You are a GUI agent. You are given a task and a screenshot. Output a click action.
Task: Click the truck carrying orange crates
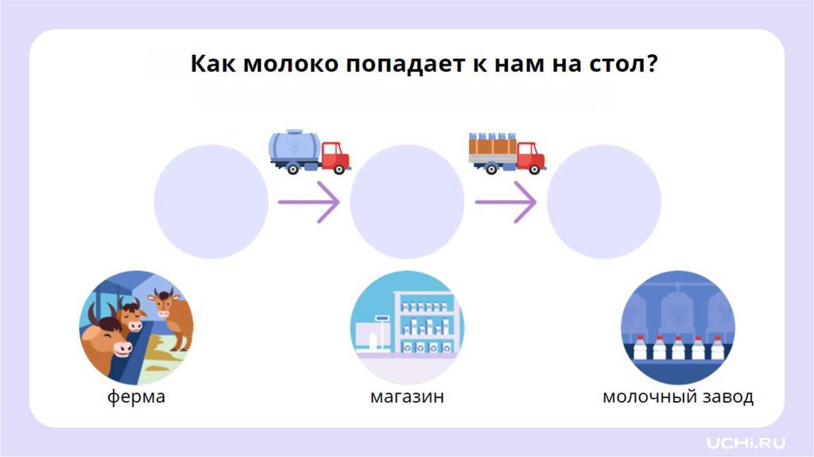(506, 151)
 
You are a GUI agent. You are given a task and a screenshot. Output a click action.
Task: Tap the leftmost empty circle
(211, 201)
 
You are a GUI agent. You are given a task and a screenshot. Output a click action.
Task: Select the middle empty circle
(407, 201)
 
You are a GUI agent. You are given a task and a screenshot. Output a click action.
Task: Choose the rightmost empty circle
(604, 201)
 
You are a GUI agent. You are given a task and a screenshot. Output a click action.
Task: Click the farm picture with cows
(136, 328)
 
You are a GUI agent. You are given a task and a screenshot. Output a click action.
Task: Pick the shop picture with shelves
(407, 328)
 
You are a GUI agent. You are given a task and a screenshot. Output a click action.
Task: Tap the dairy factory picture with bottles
(677, 328)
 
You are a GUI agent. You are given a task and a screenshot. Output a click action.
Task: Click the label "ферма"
(137, 396)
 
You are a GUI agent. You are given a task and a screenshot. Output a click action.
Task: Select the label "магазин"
(407, 396)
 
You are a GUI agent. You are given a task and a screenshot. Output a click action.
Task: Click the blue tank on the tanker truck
(295, 146)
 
